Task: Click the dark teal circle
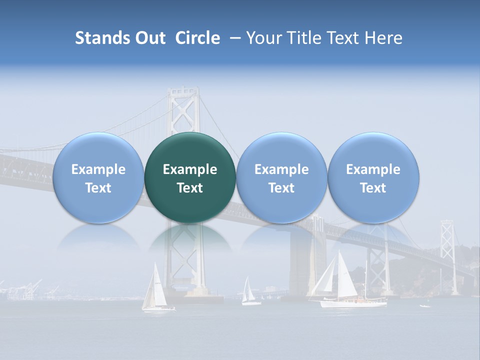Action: pyautogui.click(x=190, y=177)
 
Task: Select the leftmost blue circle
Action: pyautogui.click(x=98, y=177)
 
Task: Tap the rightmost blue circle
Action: pyautogui.click(x=373, y=177)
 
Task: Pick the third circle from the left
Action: pyautogui.click(x=281, y=177)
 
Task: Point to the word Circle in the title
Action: pyautogui.click(x=197, y=38)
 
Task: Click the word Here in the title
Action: pyautogui.click(x=383, y=38)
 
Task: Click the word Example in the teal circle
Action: pyautogui.click(x=190, y=169)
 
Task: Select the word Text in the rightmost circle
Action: pyautogui.click(x=373, y=188)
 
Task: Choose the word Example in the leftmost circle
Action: pyautogui.click(x=98, y=169)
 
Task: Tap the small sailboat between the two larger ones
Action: pyautogui.click(x=249, y=292)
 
